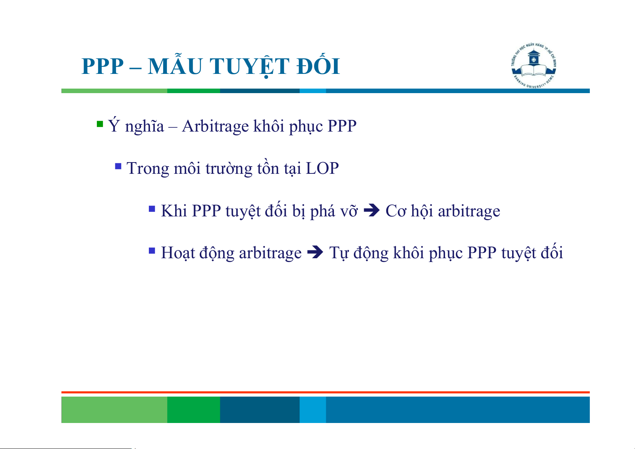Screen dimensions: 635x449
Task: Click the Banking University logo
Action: (534, 66)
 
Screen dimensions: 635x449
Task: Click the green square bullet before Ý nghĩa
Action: (99, 124)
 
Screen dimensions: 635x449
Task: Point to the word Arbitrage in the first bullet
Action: (215, 126)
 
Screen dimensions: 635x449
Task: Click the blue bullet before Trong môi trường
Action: (118, 166)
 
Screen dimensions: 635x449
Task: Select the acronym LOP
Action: (322, 168)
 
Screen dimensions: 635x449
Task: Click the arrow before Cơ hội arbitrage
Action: (372, 210)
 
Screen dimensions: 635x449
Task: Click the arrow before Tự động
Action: (315, 252)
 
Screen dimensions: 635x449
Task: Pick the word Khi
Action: (174, 211)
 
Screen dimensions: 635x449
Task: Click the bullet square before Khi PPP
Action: (152, 209)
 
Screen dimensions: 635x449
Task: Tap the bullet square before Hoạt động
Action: (152, 251)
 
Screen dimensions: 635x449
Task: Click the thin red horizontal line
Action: (326, 392)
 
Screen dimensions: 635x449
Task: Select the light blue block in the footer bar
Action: (313, 409)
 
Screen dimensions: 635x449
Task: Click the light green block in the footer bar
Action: (114, 409)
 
